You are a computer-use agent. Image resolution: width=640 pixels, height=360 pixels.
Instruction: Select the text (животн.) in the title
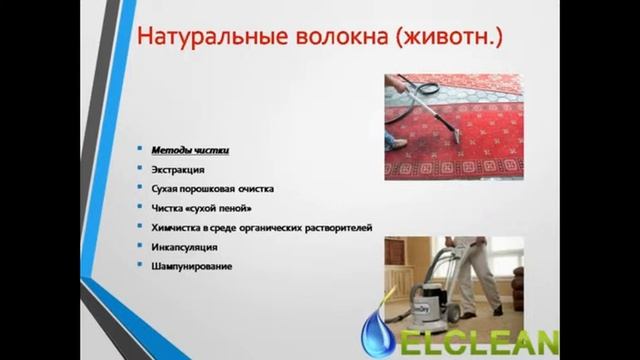(x=451, y=40)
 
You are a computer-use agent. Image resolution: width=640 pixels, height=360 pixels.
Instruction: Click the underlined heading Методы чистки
(x=191, y=149)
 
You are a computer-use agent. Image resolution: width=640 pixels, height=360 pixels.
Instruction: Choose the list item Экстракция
(x=178, y=169)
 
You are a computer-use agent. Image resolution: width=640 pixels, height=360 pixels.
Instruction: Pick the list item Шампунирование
(x=192, y=265)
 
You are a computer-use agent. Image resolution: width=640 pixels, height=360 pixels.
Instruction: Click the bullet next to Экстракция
(x=139, y=169)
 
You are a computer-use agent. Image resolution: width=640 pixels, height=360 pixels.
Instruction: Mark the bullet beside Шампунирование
(x=139, y=265)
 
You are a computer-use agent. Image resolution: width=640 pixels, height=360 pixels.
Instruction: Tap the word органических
(x=273, y=227)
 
